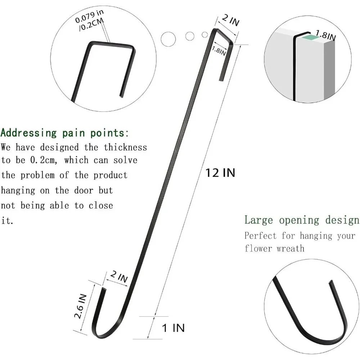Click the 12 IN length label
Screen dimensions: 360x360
pos(220,173)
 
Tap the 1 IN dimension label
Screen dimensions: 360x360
pos(174,328)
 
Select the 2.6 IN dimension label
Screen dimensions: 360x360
pos(80,306)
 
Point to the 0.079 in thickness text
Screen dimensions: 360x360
pos(89,17)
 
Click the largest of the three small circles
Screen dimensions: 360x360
pos(168,39)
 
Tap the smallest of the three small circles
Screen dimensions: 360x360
pos(205,35)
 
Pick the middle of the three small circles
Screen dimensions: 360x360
pos(190,36)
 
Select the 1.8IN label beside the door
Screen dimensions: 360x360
pos(326,35)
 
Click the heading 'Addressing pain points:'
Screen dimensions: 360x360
pos(65,133)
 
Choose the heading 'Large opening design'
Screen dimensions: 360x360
pos(302,220)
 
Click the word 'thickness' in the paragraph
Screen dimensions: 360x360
pos(125,147)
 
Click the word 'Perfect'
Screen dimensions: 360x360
pos(260,235)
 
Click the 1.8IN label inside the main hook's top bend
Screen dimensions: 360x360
pos(219,51)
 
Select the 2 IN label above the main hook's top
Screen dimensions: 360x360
pos(231,20)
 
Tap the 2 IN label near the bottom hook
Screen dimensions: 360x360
pos(119,276)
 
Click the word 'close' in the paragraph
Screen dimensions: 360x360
pos(101,206)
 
